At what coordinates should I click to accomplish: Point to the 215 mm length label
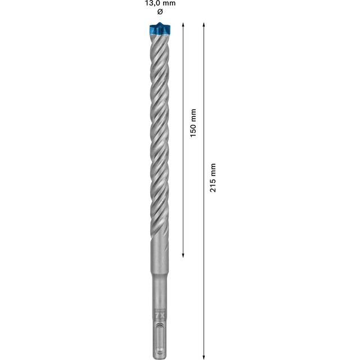click(x=213, y=178)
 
